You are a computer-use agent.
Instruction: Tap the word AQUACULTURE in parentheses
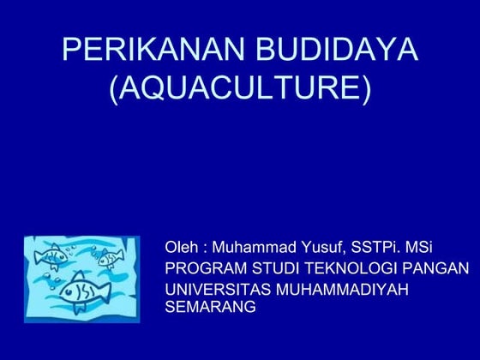[x=240, y=88]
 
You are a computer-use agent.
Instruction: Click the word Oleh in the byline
[x=181, y=249]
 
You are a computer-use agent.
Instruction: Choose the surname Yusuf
[x=324, y=249]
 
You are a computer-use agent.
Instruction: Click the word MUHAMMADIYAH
[x=343, y=289]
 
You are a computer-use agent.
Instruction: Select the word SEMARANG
[x=210, y=306]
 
